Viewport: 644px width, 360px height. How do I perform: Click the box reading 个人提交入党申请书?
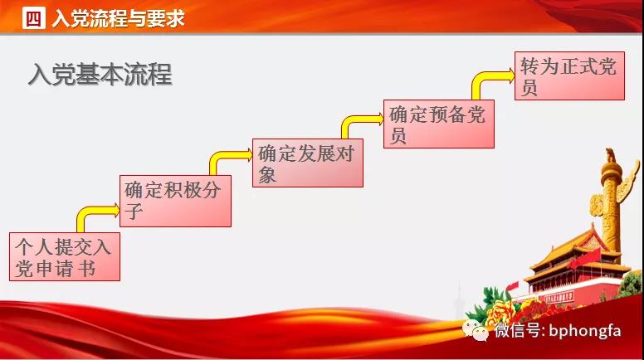(65, 256)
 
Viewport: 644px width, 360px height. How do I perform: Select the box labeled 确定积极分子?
(175, 201)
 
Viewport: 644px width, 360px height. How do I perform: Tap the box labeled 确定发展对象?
(308, 163)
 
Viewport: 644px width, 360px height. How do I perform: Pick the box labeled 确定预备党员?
(439, 124)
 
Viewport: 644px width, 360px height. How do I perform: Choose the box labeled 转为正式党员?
(569, 75)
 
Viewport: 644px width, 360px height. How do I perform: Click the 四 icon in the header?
(34, 18)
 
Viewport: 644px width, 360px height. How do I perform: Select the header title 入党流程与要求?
(119, 18)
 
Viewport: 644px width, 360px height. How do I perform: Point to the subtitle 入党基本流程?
(100, 75)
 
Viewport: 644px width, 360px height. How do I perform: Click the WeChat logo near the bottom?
(476, 329)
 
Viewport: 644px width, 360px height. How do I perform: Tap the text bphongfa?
(585, 330)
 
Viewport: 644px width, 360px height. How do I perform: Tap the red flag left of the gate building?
(512, 285)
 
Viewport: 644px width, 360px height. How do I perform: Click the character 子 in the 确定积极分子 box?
(134, 211)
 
